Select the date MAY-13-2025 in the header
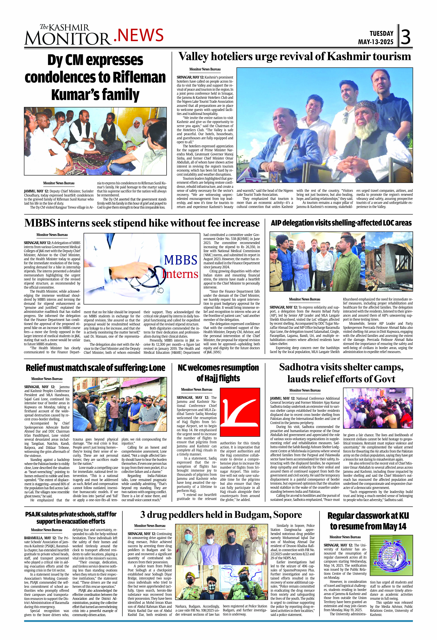click(x=376, y=42)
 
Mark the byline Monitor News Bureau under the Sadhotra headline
click(x=305, y=390)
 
